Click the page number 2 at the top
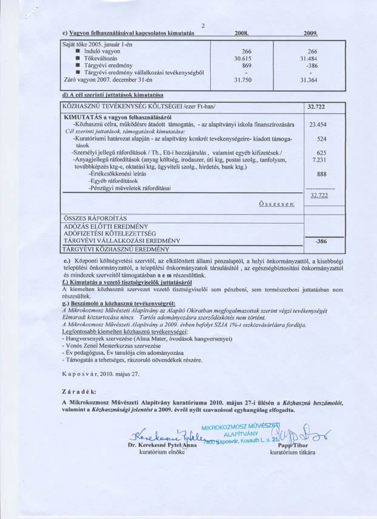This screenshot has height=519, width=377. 204,25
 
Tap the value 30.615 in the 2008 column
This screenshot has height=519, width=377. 242,58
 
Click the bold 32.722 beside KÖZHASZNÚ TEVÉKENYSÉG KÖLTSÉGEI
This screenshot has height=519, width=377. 317,107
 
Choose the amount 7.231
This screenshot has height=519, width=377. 318,159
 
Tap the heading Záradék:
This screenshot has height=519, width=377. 79,392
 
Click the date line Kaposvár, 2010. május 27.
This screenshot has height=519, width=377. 101,373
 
